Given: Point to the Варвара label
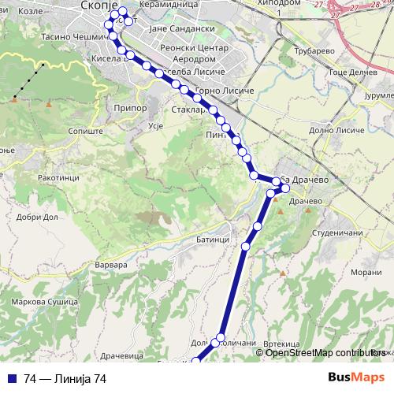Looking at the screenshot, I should pyautogui.click(x=110, y=266).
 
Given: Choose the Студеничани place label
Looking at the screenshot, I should pyautogui.click(x=336, y=233).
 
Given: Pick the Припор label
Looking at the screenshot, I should pyautogui.click(x=131, y=107).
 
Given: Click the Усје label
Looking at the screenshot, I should pyautogui.click(x=155, y=125).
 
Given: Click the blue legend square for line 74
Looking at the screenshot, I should pyautogui.click(x=13, y=378).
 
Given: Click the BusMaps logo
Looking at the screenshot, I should pyautogui.click(x=356, y=377).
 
